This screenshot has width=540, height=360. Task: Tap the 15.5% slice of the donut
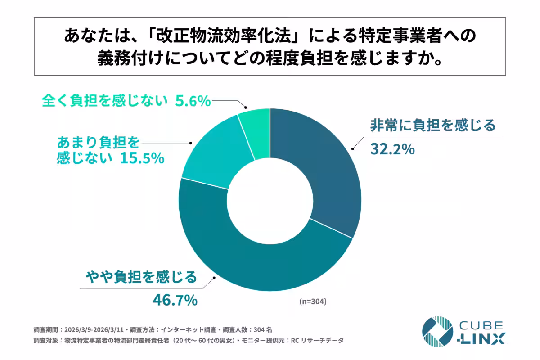[207, 157]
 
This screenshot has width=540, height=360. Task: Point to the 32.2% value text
[392, 149]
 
